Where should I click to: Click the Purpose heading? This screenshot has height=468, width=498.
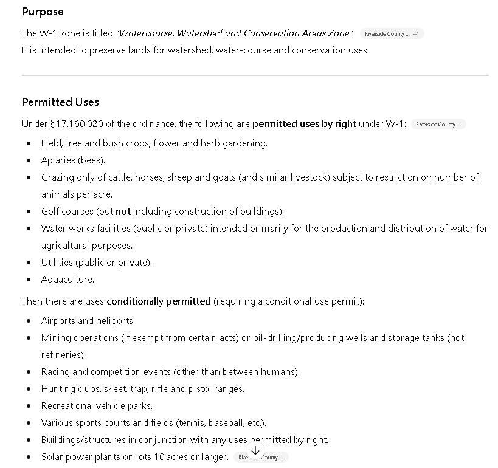43,12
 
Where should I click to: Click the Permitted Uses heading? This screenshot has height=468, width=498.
60,102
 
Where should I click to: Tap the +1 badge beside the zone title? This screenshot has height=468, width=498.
416,34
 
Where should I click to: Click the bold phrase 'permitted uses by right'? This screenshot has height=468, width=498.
304,124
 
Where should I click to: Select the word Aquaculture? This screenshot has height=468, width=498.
67,280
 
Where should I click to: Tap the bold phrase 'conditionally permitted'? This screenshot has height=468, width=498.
158,301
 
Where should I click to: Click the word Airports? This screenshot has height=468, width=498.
57,321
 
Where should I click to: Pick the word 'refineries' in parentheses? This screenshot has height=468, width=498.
63,355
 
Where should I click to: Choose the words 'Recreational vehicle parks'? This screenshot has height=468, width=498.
97,406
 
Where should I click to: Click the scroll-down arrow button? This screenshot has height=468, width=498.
255,451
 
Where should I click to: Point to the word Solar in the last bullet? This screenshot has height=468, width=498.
52,457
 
